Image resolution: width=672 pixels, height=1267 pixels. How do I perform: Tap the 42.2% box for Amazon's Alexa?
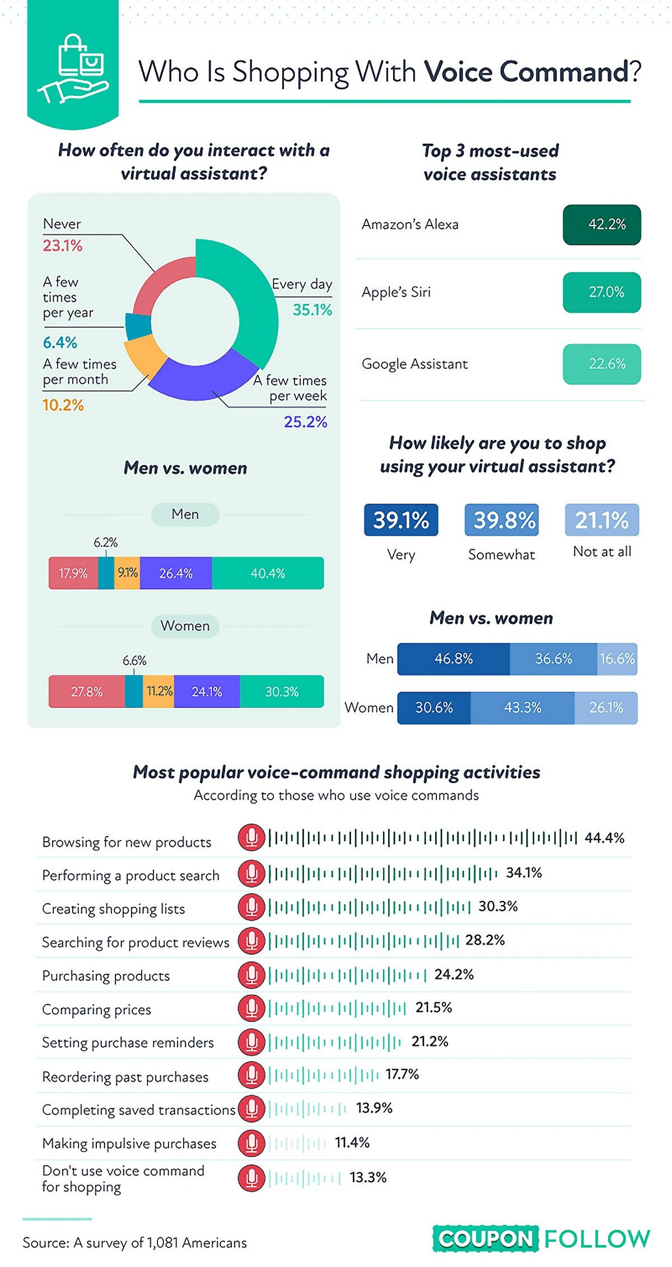point(601,225)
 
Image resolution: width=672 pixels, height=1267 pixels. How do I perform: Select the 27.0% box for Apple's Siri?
point(601,292)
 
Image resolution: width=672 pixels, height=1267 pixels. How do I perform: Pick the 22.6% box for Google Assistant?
point(601,364)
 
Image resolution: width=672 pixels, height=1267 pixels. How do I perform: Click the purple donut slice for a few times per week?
point(202,378)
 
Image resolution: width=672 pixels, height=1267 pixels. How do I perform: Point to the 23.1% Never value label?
point(63,246)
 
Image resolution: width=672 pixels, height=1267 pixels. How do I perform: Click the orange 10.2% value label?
point(63,405)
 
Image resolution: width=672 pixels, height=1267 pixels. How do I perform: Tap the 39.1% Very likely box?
point(401,520)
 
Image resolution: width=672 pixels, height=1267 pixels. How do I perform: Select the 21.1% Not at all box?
point(601,520)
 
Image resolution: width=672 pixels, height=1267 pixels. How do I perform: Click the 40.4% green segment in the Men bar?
point(268,573)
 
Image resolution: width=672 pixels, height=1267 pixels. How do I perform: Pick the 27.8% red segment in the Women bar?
point(87,692)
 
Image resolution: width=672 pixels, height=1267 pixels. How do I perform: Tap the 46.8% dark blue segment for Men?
point(454,659)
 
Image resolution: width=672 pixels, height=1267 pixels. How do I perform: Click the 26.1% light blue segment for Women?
point(606,708)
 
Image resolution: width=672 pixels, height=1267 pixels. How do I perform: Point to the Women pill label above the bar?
point(185,626)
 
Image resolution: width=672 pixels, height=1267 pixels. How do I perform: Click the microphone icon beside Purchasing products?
point(251,975)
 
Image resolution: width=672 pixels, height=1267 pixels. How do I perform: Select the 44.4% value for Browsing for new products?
point(604,838)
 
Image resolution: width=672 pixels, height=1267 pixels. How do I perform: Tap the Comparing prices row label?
point(97,1010)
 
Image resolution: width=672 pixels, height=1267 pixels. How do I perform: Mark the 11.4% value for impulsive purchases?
point(352,1143)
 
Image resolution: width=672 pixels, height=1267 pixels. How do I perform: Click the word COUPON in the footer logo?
point(486,1239)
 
